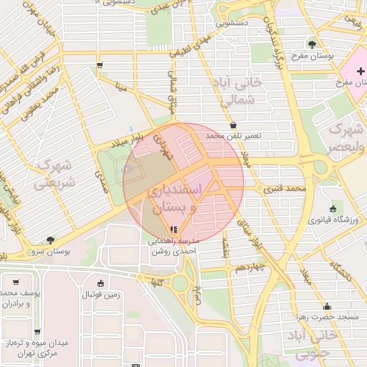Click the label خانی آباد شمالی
click(x=240, y=92)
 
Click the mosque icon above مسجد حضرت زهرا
click(x=326, y=305)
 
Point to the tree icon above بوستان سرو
click(x=49, y=241)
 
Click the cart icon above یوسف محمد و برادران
click(x=16, y=282)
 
